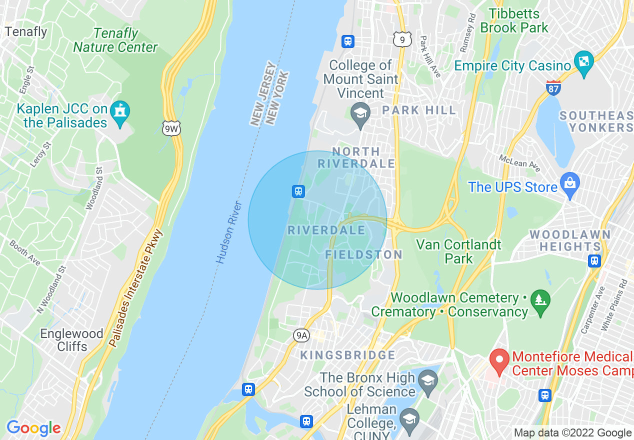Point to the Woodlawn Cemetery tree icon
[x=540, y=300]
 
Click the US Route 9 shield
[x=402, y=39]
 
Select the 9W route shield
[x=171, y=129]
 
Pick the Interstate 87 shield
[x=553, y=88]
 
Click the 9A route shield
[x=301, y=335]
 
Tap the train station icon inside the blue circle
[x=298, y=191]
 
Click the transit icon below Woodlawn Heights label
[x=594, y=260]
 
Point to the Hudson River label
[x=229, y=233]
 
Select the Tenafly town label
[x=25, y=32]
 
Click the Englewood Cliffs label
[x=71, y=340]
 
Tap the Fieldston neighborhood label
[x=363, y=254]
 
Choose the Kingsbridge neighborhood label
[x=347, y=355]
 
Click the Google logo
[x=33, y=428]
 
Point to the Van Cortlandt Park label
[x=458, y=251]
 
